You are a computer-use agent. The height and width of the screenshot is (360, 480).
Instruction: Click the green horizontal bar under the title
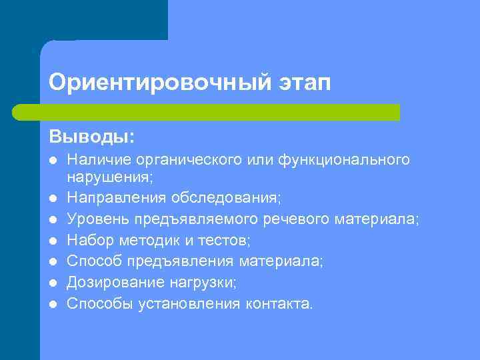[207, 112]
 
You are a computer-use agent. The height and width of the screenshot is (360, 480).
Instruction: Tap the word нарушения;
[110, 178]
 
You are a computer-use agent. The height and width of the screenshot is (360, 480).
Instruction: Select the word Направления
[117, 198]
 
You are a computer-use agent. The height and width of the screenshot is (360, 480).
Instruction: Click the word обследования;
[226, 198]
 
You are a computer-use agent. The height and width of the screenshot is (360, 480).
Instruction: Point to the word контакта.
[279, 304]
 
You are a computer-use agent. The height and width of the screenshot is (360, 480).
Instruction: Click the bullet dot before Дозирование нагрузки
[53, 283]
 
